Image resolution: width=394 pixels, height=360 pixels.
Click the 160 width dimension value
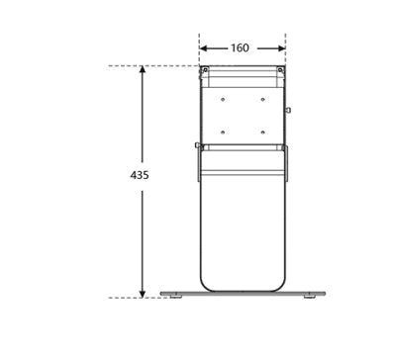pos(240,48)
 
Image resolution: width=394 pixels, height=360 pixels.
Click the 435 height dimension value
pos(140,175)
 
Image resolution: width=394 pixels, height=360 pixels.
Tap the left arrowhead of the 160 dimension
pos(204,48)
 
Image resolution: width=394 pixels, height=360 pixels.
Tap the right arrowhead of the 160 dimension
pos(281,48)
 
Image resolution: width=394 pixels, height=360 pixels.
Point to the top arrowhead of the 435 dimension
pos(143,69)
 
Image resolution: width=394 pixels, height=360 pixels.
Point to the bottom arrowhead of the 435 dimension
pos(143,294)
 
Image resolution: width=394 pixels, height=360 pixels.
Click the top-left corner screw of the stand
pos(205,70)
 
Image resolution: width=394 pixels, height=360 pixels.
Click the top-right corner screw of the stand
pos(280,70)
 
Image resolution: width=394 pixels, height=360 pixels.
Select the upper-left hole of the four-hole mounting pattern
pos(223,99)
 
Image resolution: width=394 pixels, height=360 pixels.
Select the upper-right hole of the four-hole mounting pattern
pos(262,99)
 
